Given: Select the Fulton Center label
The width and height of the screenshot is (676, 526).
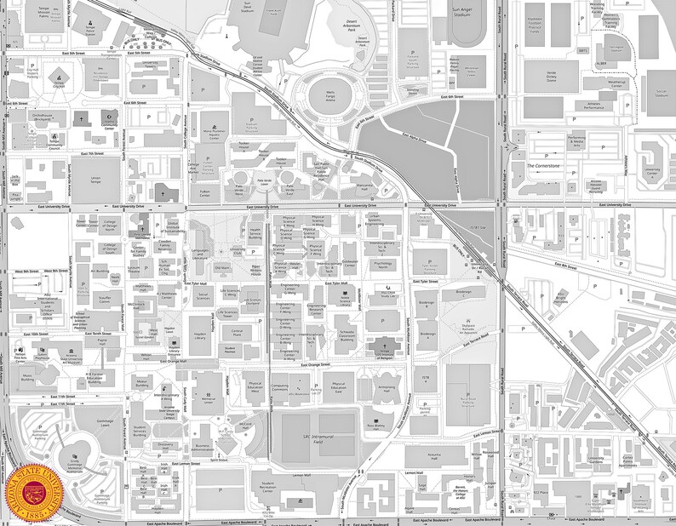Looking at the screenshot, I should point(205,192).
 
